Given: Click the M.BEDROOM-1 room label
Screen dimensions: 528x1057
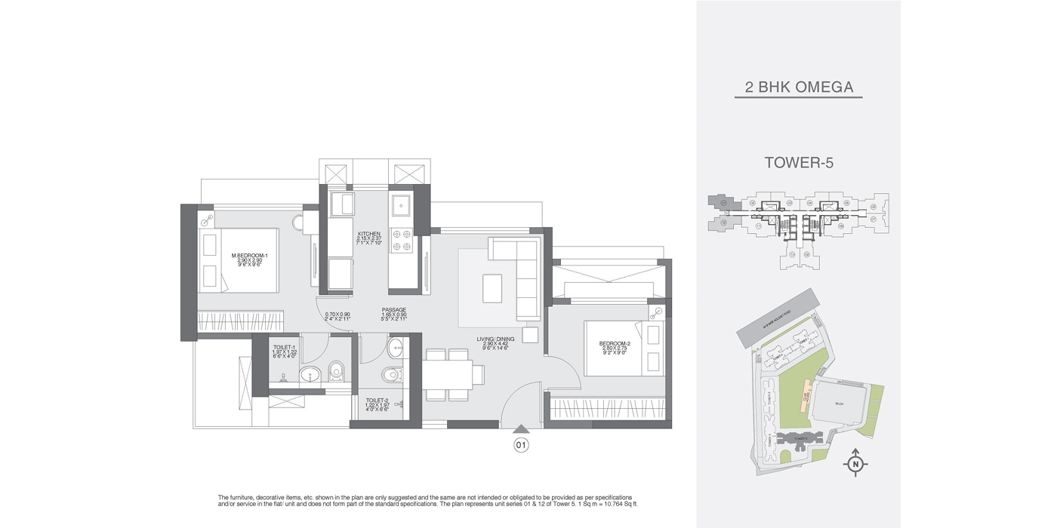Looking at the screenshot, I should [x=249, y=256].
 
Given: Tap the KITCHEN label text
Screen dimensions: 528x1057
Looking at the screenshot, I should [x=368, y=235].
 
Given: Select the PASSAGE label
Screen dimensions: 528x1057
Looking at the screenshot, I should [x=394, y=310].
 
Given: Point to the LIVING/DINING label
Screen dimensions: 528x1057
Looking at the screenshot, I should [x=495, y=339].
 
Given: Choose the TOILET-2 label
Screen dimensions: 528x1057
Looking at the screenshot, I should [x=377, y=401].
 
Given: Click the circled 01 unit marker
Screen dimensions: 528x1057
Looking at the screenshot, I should [x=521, y=445].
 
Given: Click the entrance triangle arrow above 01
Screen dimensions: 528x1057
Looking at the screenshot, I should [x=521, y=430].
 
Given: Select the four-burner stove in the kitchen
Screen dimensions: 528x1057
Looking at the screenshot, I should [x=401, y=238].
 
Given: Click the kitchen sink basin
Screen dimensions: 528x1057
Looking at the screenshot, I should [x=400, y=204].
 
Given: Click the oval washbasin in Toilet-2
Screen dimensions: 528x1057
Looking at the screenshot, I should [x=396, y=347].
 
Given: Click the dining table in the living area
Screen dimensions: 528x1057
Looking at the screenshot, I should [x=448, y=374].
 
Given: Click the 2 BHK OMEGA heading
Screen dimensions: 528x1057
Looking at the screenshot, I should [x=799, y=87].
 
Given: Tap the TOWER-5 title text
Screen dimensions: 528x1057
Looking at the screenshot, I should [x=799, y=162].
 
